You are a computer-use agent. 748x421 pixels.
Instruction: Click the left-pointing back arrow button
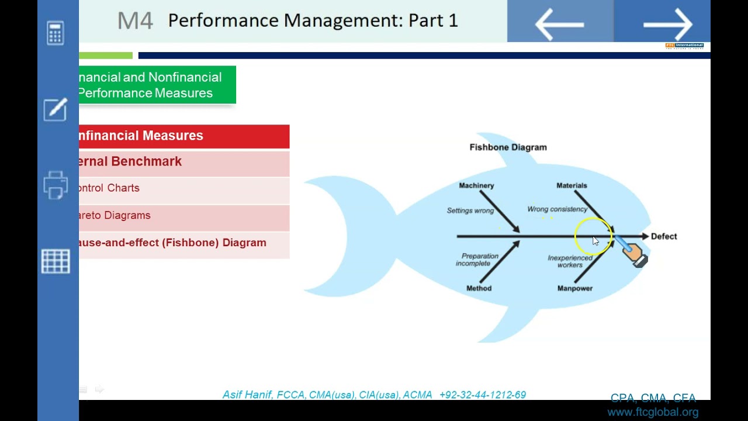coord(559,24)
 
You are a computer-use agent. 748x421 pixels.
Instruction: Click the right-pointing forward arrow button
coord(667,24)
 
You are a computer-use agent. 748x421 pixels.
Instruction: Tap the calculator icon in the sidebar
coord(56,33)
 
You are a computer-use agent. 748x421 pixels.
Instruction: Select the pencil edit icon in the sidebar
coord(56,109)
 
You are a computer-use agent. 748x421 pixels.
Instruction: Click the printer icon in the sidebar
coord(56,185)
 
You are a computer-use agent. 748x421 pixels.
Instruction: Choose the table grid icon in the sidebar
coord(56,261)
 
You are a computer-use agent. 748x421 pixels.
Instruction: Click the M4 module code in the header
coord(135,21)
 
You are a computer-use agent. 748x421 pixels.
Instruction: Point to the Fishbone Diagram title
coord(508,147)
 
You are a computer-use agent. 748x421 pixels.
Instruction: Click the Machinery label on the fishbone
coord(476,185)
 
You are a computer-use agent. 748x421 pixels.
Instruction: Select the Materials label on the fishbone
coord(572,185)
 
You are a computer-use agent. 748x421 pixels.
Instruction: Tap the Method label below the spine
coord(479,288)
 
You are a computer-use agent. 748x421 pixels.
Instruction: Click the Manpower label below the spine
coord(574,288)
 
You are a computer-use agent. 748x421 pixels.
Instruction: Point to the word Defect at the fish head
coord(664,236)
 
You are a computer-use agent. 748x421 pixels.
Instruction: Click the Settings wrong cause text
coord(470,210)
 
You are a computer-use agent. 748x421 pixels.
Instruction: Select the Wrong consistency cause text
coord(557,209)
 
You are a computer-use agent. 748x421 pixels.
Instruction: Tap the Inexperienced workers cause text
coord(570,261)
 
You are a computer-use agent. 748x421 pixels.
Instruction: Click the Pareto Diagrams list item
coord(115,215)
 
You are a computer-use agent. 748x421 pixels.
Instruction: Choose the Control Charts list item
coord(109,188)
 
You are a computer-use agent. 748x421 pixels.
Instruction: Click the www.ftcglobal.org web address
coord(652,412)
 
